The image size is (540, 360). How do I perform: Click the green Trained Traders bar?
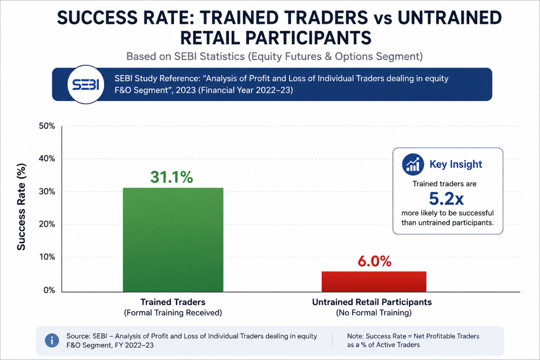click(173, 240)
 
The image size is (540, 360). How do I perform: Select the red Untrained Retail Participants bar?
click(374, 282)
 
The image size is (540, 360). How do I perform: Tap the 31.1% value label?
click(172, 177)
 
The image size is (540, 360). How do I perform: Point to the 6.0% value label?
click(374, 262)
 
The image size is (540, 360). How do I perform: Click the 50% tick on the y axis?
click(47, 126)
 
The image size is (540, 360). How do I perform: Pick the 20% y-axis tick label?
click(47, 224)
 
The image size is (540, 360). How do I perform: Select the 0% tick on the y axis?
click(49, 290)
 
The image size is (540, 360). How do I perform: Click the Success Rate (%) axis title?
click(22, 207)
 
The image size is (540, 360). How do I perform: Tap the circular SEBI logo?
click(86, 84)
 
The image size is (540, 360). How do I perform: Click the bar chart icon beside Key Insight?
click(413, 165)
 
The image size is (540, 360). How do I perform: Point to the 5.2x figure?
click(447, 199)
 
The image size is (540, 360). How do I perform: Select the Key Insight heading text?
click(456, 164)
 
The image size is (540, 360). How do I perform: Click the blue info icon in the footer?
click(52, 341)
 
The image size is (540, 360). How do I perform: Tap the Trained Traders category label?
click(173, 302)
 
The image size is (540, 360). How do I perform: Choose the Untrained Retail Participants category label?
click(372, 302)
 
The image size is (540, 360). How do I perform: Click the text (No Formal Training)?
click(374, 313)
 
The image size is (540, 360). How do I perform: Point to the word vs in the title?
click(383, 19)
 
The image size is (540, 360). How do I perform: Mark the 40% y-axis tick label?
click(47, 159)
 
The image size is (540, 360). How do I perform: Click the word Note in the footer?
click(355, 336)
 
